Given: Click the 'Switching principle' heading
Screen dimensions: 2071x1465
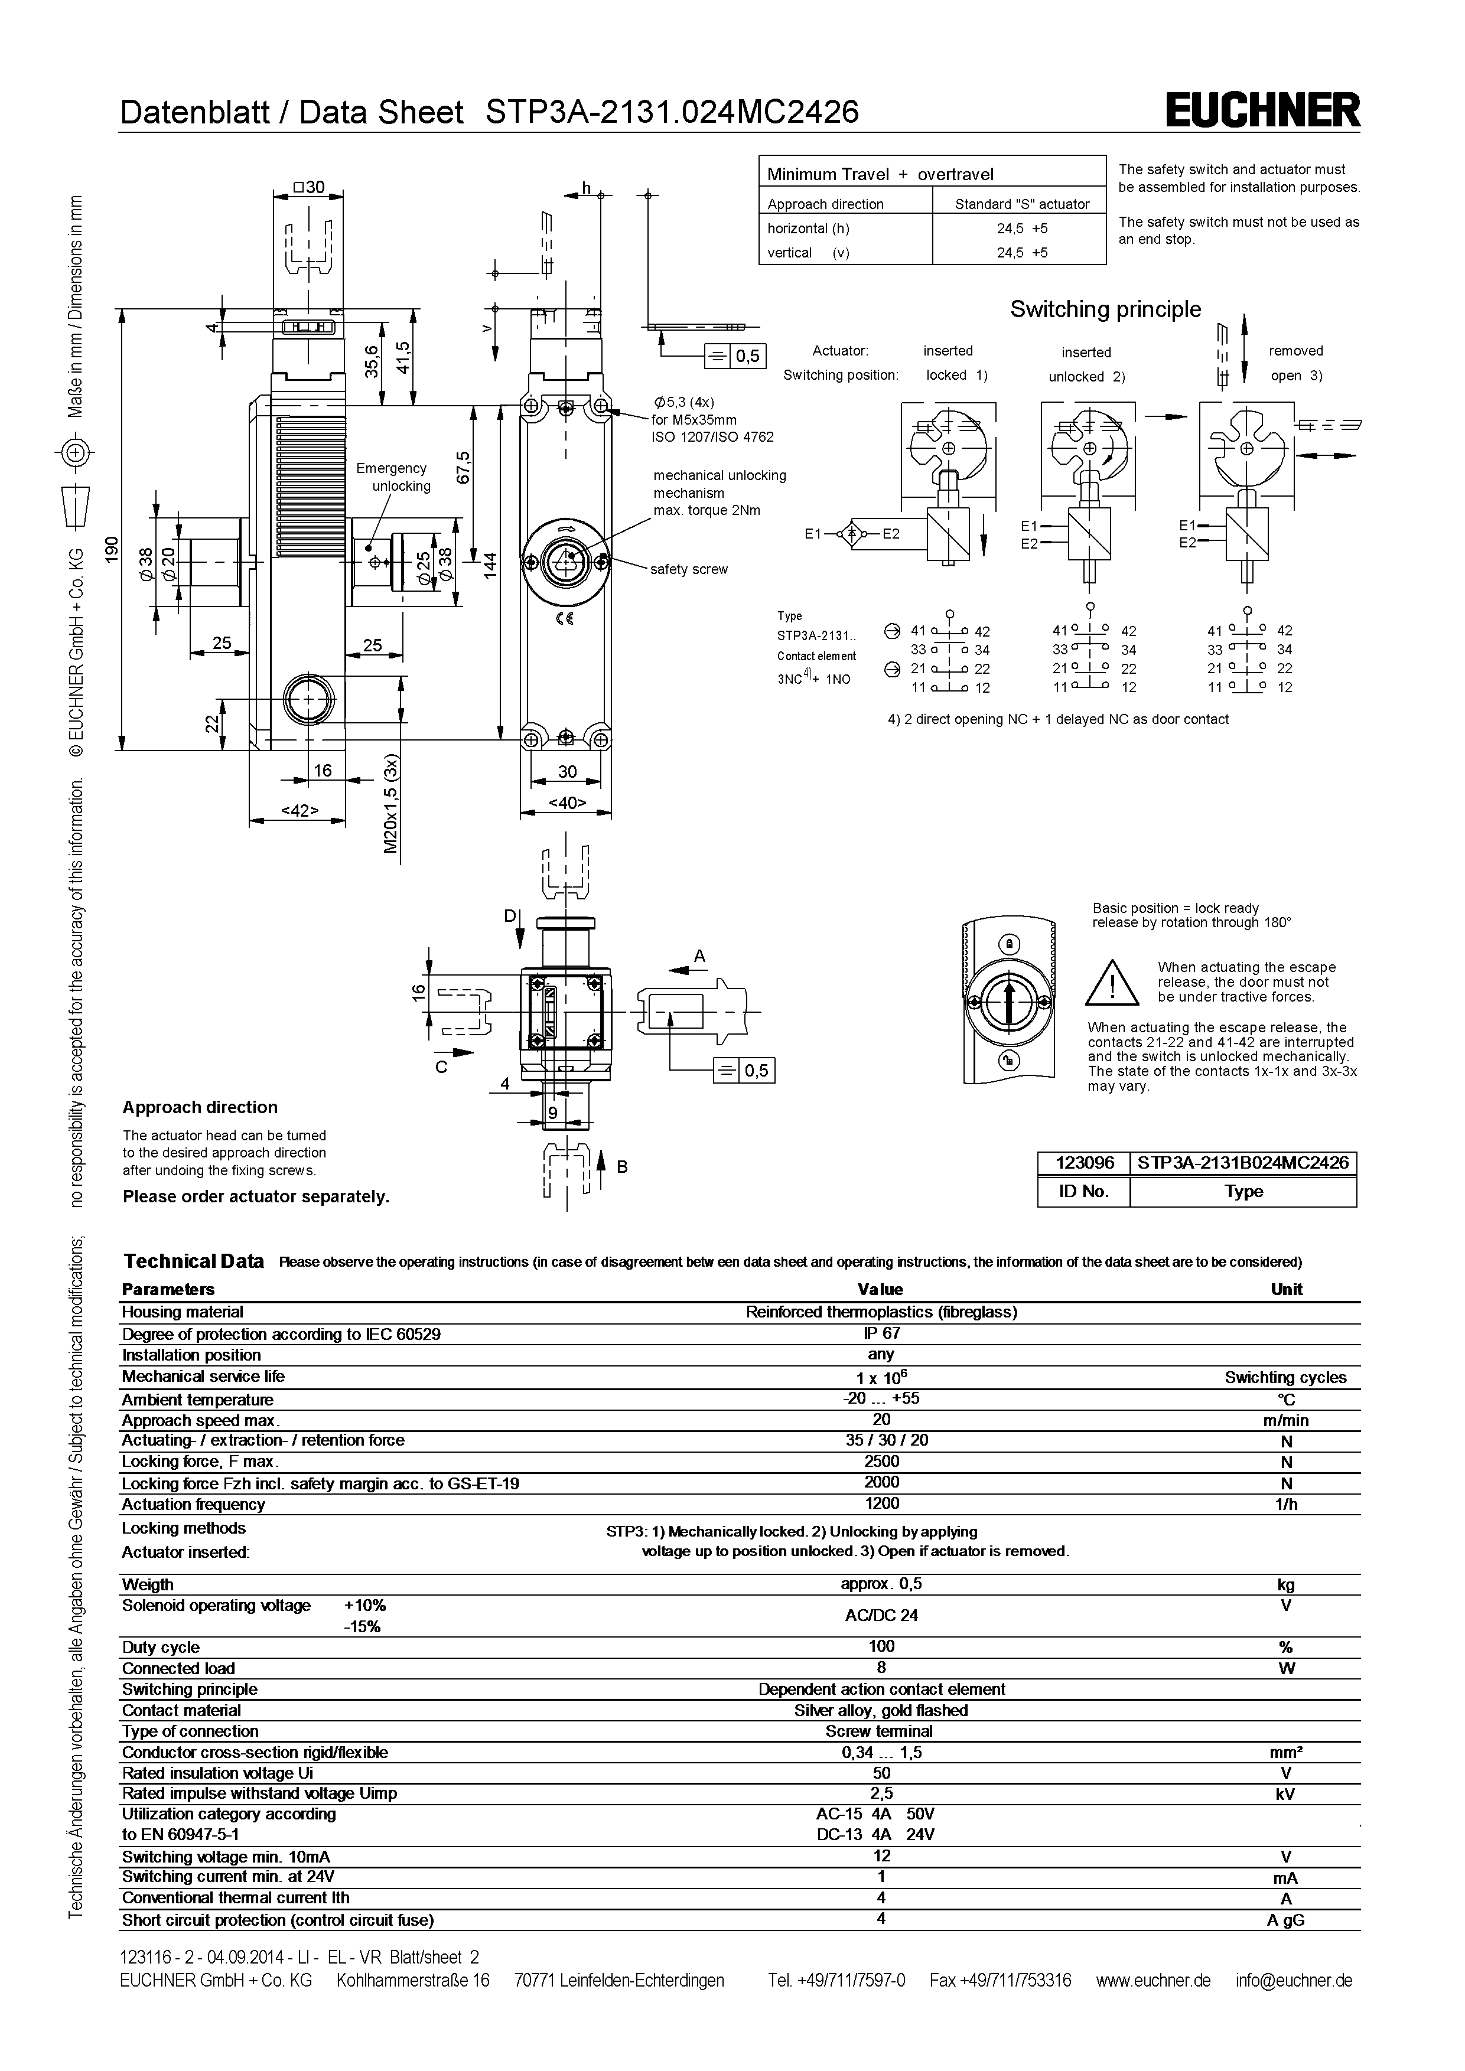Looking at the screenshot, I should click(1105, 309).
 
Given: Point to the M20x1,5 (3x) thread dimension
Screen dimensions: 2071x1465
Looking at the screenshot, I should click(390, 804).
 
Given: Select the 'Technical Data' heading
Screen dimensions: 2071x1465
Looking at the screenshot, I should click(193, 1261).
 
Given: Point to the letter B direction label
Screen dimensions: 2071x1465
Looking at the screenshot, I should click(621, 1166).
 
